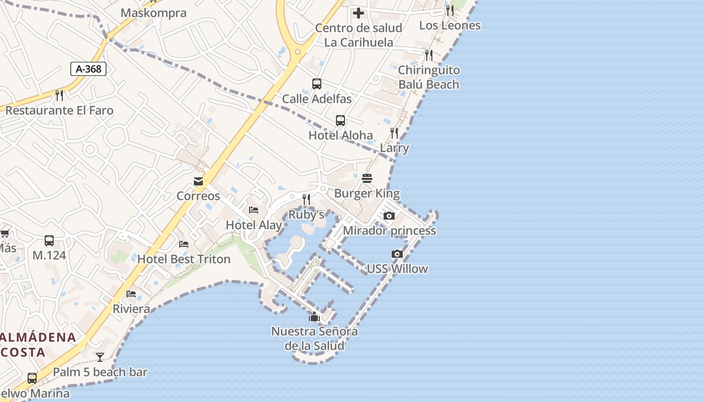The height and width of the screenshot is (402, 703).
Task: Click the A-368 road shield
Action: coord(88,69)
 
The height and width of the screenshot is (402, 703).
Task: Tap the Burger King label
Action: coord(367,193)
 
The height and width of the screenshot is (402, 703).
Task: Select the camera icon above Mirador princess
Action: coord(389,216)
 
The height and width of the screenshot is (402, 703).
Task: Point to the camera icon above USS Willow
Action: coord(397,254)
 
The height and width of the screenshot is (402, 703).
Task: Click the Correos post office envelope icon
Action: coord(198,181)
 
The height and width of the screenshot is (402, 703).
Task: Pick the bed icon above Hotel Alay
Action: coord(254,210)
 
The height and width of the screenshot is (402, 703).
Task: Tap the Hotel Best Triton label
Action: coord(184,259)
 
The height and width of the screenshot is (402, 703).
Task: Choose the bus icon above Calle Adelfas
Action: coord(316,84)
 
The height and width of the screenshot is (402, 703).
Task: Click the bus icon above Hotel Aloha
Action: coord(340,121)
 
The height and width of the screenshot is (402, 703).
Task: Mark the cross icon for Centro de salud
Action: coord(359,13)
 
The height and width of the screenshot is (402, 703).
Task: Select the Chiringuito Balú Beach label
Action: coord(429,77)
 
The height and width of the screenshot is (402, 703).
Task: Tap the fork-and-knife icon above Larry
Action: coord(394,133)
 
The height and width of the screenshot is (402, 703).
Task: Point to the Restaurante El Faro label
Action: coord(59,111)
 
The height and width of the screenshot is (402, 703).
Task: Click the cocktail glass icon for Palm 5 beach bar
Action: coord(100,357)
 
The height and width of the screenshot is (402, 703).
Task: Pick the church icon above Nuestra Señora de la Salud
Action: coord(314,317)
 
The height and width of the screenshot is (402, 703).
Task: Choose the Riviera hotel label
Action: coord(131,309)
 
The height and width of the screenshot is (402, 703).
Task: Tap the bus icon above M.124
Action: coord(49,241)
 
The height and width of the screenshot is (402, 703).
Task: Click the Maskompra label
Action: coord(154,13)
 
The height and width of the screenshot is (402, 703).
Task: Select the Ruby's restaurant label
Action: coord(306,215)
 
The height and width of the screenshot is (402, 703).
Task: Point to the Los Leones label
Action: coord(450,25)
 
